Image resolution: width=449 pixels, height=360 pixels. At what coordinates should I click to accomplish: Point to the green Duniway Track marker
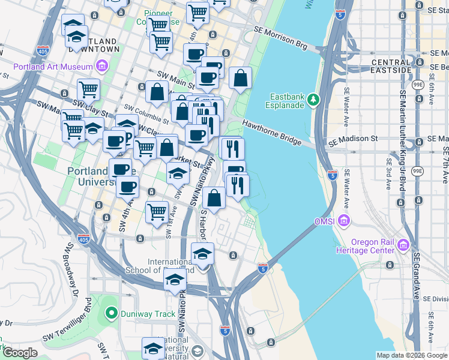(x=110, y=313)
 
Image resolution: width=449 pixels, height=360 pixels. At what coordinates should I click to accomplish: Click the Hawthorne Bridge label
(x=271, y=132)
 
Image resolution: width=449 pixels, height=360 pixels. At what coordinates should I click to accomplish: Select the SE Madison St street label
(x=352, y=139)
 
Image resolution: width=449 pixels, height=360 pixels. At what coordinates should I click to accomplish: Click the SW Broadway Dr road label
(x=72, y=270)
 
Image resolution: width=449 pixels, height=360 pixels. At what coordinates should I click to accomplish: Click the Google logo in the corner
(x=20, y=353)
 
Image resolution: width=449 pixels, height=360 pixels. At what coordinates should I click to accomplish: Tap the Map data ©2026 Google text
(x=412, y=355)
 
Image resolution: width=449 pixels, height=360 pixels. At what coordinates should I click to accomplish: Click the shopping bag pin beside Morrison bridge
(x=240, y=79)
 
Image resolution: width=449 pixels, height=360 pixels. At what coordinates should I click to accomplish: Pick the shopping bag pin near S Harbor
(x=213, y=197)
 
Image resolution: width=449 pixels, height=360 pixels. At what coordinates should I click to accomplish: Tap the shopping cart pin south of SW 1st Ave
(x=157, y=212)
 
